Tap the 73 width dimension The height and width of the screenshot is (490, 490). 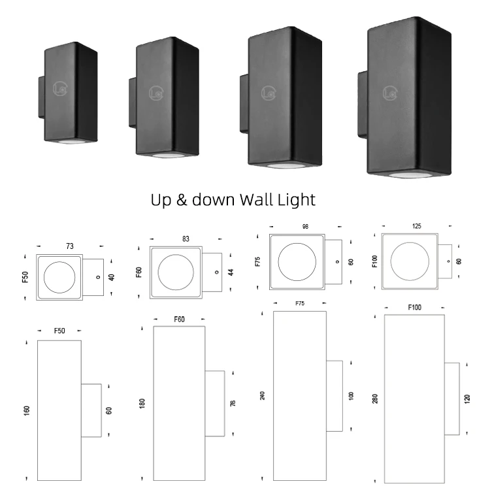tap(69, 245)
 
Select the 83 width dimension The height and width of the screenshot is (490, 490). tap(186, 239)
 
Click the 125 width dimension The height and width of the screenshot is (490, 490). tap(417, 226)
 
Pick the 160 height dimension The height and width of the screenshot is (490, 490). tap(27, 410)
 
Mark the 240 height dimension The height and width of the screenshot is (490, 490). tap(263, 395)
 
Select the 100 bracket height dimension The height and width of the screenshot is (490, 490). tap(352, 395)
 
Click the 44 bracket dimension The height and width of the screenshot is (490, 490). tap(231, 271)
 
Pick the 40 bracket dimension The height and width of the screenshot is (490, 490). tap(111, 277)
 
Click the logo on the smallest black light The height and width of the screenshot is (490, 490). tap(61, 88)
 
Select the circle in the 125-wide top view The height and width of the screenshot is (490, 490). tap(410, 266)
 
